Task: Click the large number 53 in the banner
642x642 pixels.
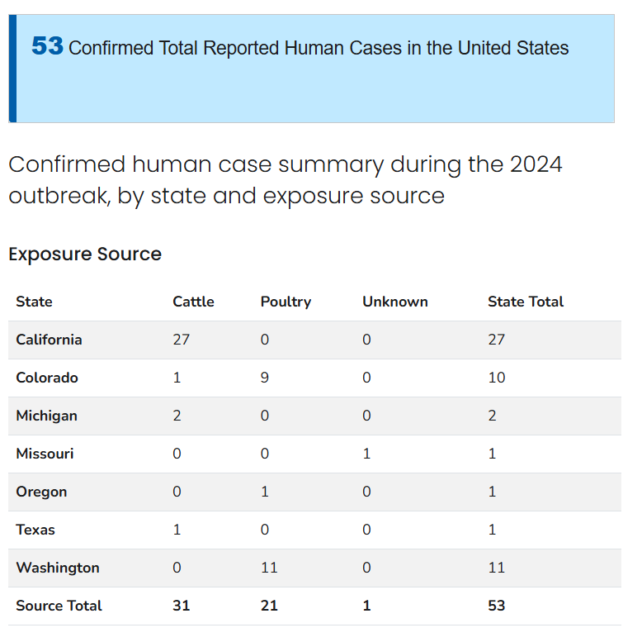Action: point(47,46)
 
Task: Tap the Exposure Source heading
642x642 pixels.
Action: point(85,254)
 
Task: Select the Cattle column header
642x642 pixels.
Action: point(193,302)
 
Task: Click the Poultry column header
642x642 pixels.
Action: point(286,302)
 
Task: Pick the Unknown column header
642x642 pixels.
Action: point(394,302)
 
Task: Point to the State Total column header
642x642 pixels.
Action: point(526,302)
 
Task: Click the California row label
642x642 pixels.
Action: point(49,340)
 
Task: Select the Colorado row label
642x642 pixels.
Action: point(47,378)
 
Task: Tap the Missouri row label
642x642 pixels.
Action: point(45,454)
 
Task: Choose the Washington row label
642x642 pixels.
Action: point(58,568)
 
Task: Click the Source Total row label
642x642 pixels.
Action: point(59,606)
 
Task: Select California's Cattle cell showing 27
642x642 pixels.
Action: point(181,340)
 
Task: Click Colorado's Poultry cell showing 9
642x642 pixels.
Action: point(265,378)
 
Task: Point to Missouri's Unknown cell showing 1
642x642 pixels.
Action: point(366,454)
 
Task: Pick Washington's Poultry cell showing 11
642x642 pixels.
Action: point(269,568)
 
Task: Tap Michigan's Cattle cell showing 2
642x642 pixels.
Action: point(177,416)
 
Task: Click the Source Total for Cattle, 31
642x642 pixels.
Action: point(182,606)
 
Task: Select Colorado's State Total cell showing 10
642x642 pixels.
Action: point(497,378)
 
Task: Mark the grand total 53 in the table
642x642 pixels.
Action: point(497,606)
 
